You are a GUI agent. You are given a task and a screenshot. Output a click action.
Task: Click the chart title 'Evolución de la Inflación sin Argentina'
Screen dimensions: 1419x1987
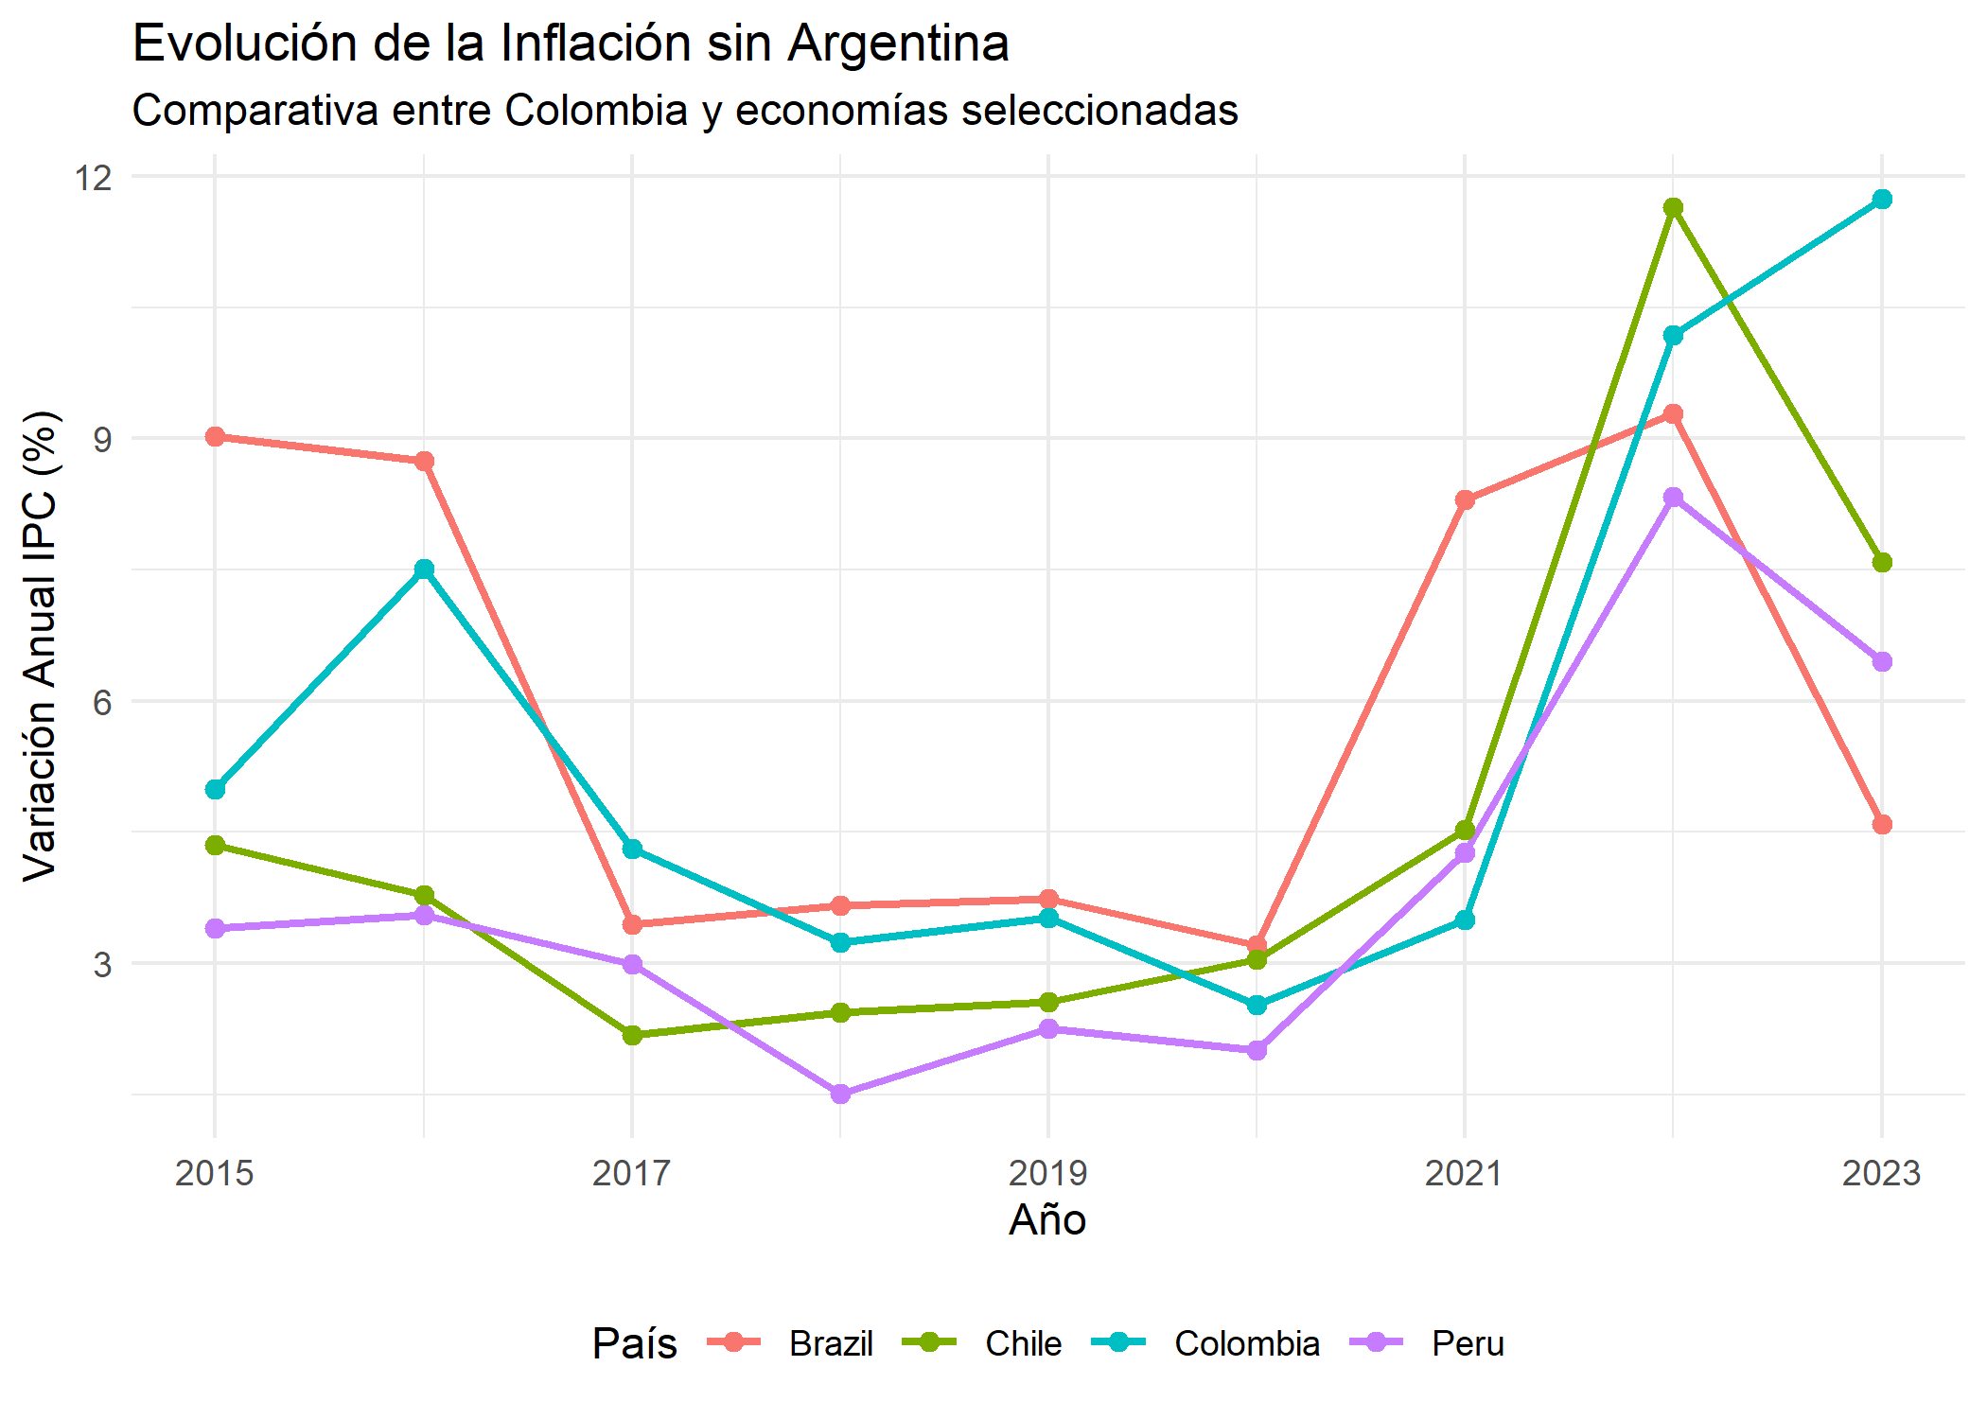(x=571, y=44)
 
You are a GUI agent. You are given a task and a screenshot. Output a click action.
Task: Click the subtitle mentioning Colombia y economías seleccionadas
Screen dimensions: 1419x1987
(x=685, y=111)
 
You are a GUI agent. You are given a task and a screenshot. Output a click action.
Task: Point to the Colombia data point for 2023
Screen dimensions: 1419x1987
(x=1882, y=199)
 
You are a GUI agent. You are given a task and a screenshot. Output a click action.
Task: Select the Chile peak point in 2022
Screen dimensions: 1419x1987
(x=1673, y=207)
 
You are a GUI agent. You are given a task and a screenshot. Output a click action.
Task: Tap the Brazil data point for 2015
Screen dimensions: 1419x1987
(x=215, y=436)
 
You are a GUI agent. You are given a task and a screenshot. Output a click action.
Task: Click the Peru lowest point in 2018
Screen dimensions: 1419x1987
(x=840, y=1094)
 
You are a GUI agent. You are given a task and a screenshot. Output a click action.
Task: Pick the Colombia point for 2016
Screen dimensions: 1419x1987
(x=424, y=569)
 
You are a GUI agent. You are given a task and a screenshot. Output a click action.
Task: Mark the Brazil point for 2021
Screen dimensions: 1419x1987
(x=1465, y=499)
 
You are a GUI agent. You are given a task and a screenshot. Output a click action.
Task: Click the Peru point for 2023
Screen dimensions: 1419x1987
(x=1882, y=661)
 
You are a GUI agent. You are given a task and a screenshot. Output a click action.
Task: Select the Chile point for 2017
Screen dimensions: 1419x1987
(x=632, y=1035)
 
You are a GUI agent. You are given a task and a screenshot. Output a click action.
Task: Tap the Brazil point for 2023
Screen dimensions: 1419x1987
(x=1882, y=824)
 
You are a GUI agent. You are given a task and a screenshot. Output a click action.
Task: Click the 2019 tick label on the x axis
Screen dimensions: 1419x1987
(x=1047, y=1173)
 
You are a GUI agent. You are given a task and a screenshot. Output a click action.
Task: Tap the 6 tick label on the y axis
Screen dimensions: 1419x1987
(x=101, y=702)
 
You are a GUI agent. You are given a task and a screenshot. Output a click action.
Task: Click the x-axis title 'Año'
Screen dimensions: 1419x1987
(x=1047, y=1220)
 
